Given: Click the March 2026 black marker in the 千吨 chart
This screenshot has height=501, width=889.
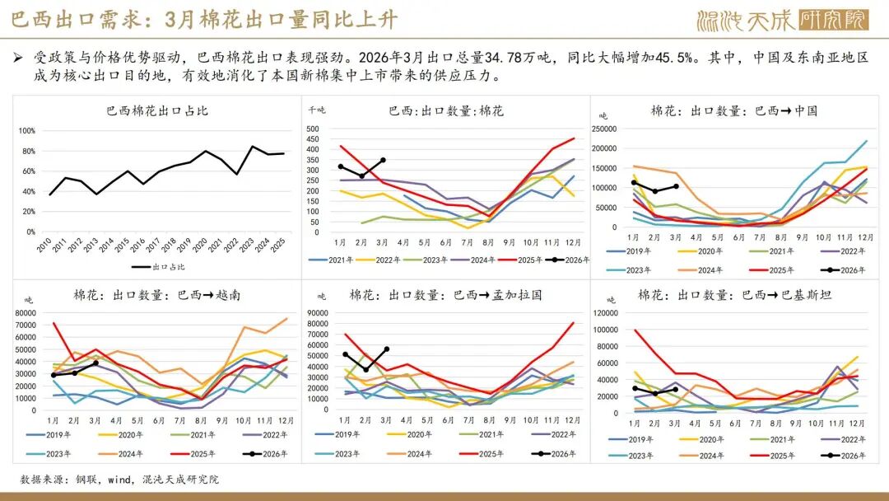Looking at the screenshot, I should click(x=383, y=160).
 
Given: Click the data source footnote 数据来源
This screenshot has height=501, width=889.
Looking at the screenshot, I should click(x=119, y=480).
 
